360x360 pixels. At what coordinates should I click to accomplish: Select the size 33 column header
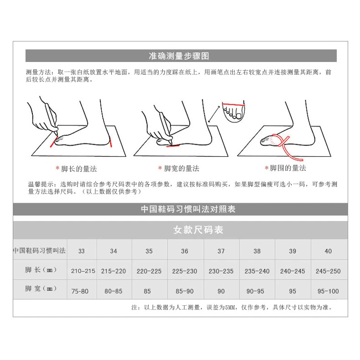[81, 251]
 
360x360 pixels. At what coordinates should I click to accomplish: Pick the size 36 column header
[185, 251]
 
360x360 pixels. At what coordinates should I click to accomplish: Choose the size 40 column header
[328, 251]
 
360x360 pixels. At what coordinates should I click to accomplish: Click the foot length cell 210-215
[83, 271]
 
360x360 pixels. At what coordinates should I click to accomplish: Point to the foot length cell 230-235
[221, 271]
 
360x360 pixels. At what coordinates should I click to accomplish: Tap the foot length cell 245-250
[328, 271]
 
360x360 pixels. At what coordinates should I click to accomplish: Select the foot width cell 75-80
[80, 291]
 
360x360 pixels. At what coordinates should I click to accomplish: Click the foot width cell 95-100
[328, 291]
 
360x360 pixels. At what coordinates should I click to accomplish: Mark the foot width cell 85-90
[185, 291]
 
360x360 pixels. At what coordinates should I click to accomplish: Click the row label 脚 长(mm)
[41, 270]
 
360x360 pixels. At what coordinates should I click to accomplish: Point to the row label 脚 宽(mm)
[41, 289]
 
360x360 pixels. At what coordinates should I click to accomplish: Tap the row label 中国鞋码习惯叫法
[40, 251]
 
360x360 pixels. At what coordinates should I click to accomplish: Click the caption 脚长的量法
[79, 169]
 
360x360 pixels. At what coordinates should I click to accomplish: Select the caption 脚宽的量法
[181, 169]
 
